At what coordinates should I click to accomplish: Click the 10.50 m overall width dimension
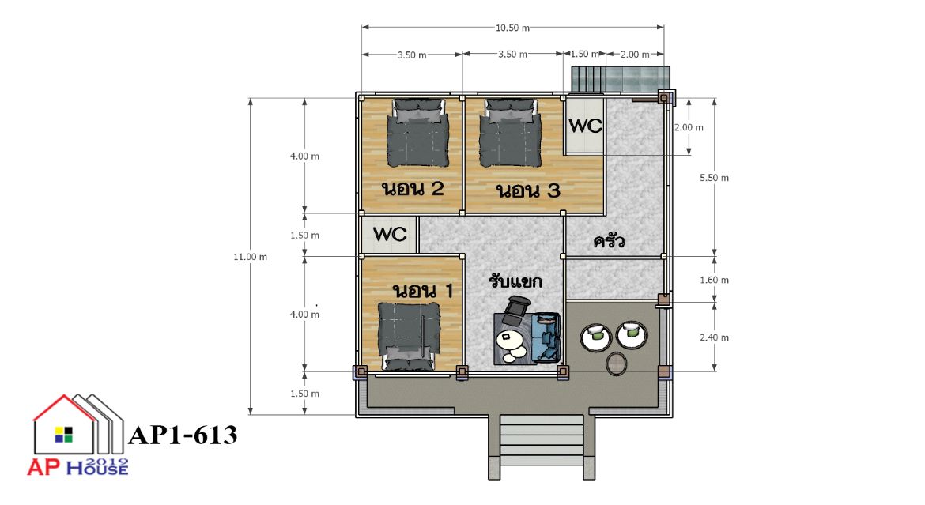(x=512, y=28)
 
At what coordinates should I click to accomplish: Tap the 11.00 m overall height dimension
(x=250, y=257)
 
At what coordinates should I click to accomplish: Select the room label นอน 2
(x=413, y=189)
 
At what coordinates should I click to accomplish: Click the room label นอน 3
(x=528, y=190)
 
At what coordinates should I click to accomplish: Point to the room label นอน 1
(x=423, y=291)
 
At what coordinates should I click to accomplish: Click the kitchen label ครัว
(x=609, y=241)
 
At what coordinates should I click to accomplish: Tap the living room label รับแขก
(x=515, y=281)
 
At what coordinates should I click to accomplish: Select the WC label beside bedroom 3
(x=584, y=126)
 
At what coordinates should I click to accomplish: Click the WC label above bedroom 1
(x=390, y=234)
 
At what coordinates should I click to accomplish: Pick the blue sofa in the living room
(x=546, y=337)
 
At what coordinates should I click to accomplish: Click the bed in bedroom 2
(x=417, y=133)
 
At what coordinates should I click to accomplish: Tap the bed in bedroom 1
(x=410, y=337)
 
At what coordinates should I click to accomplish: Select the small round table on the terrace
(x=617, y=364)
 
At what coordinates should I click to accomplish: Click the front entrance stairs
(x=542, y=445)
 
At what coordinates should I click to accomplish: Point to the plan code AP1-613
(x=183, y=435)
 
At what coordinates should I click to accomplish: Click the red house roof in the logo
(x=64, y=407)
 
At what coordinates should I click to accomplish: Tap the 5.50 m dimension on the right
(x=715, y=178)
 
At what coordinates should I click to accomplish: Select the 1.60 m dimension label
(x=715, y=281)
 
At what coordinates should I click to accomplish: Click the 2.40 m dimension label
(x=715, y=337)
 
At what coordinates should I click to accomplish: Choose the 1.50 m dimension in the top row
(x=584, y=54)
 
